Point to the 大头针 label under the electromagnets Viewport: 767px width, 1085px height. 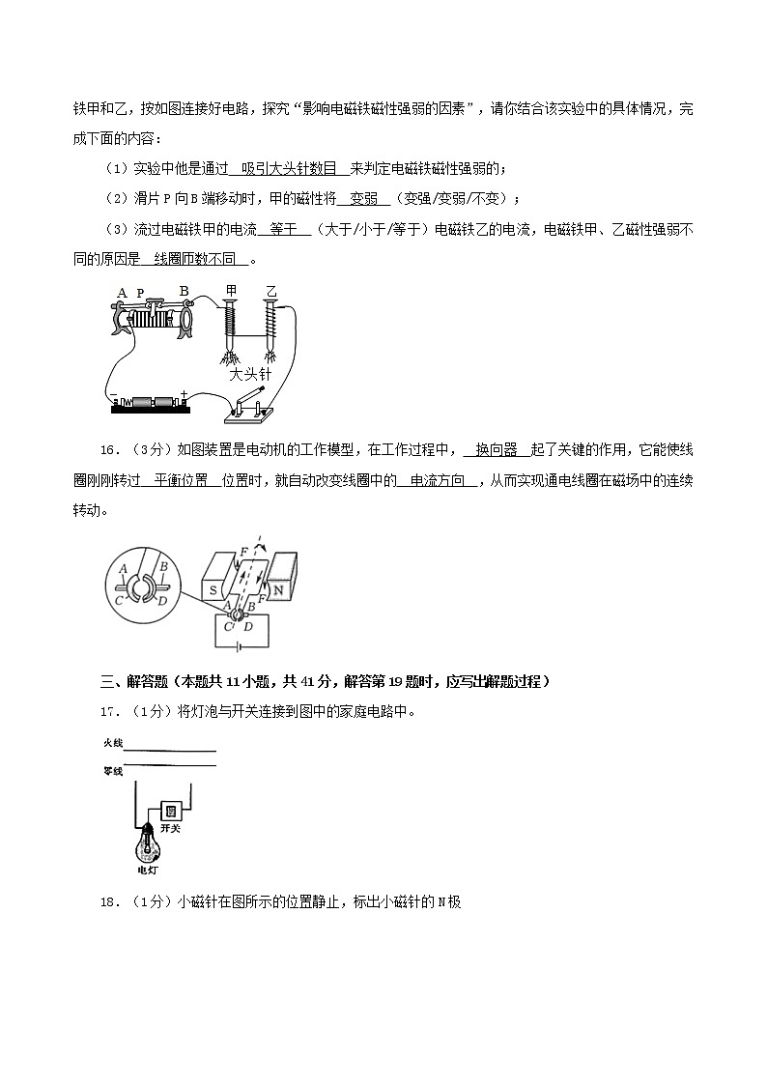250,374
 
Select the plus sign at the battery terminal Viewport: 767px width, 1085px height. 183,393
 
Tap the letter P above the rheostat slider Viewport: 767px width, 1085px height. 140,294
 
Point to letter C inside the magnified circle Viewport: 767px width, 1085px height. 120,600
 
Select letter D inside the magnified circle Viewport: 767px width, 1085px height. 163,601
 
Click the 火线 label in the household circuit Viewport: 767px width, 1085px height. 113,743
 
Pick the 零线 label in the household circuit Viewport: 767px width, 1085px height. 113,771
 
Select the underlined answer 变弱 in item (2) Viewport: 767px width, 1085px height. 362,199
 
